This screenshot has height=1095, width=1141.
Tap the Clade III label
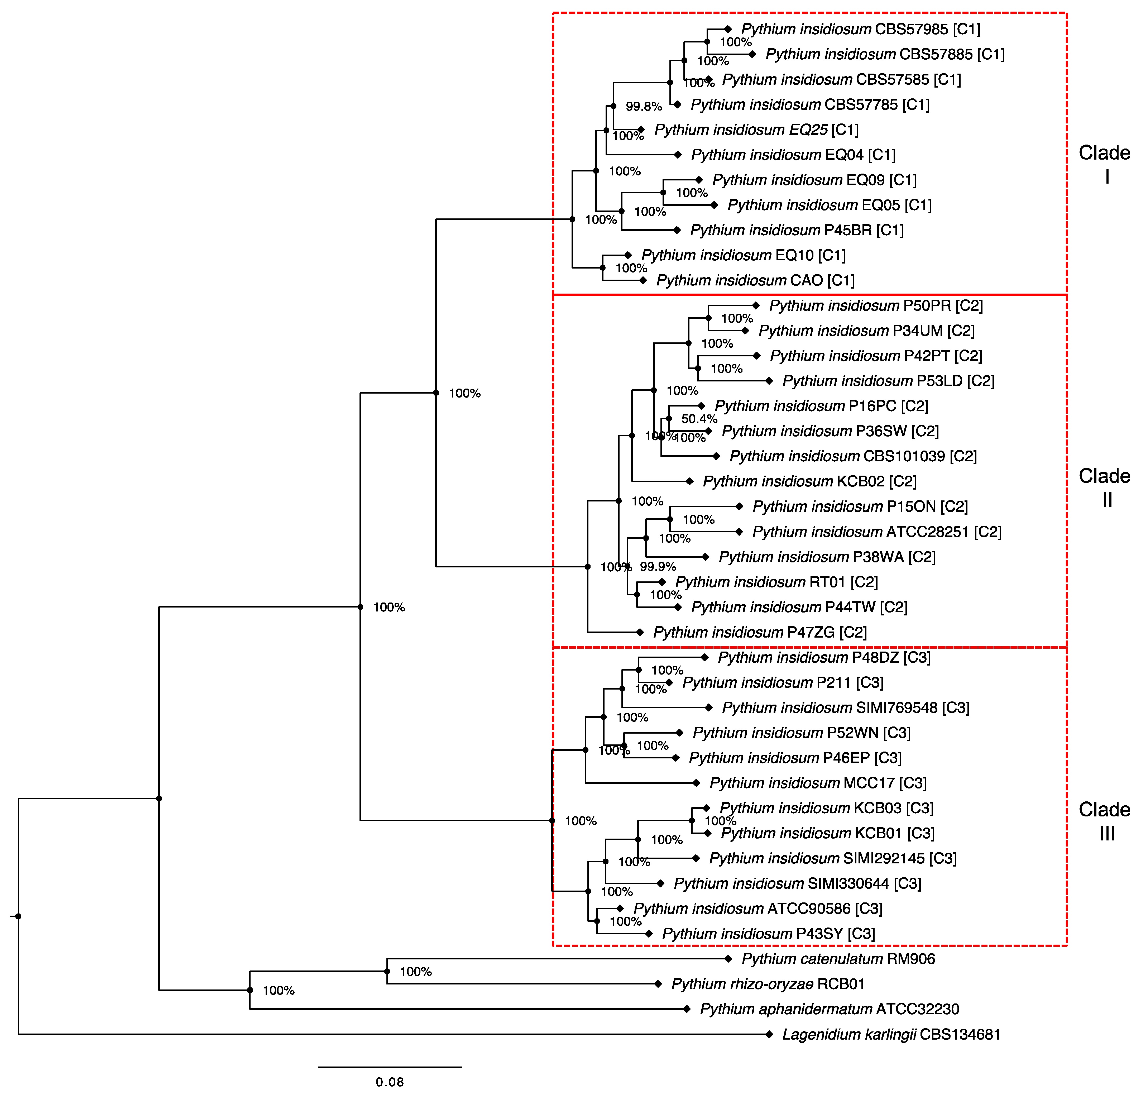coord(1104,821)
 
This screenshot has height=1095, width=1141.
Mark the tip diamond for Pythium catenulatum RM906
coord(728,958)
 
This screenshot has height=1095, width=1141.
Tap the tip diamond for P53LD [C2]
coord(769,381)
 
